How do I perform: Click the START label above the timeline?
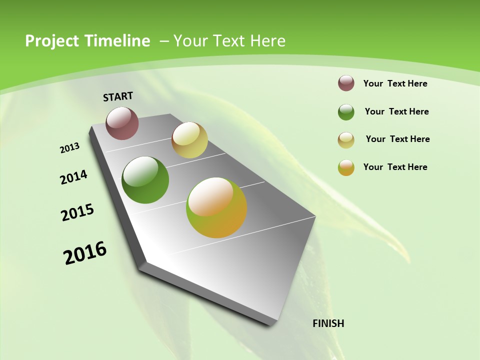(x=118, y=96)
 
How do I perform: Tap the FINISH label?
(x=328, y=323)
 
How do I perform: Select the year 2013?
(x=70, y=147)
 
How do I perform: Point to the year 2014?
(x=74, y=177)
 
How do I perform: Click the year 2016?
(x=85, y=253)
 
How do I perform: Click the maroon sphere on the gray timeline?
(x=122, y=123)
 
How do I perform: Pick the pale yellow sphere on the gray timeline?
(x=189, y=140)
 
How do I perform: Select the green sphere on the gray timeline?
(x=145, y=180)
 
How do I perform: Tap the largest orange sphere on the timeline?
(x=216, y=207)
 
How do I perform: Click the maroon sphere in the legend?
(x=346, y=83)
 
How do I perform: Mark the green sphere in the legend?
(x=346, y=112)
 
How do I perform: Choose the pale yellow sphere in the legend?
(x=346, y=140)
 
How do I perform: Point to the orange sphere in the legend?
(x=346, y=167)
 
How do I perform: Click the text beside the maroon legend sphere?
(x=395, y=83)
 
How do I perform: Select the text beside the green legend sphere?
(x=396, y=111)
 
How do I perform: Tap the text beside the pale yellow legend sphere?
(x=397, y=139)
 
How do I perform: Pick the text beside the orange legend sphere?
(x=395, y=167)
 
